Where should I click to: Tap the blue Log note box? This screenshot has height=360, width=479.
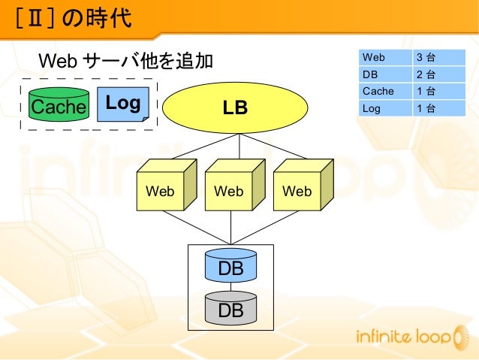pyautogui.click(x=123, y=104)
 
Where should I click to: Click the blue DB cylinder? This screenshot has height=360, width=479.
pyautogui.click(x=230, y=267)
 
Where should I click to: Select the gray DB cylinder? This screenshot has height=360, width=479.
pyautogui.click(x=230, y=308)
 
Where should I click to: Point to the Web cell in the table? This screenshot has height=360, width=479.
pyautogui.click(x=374, y=57)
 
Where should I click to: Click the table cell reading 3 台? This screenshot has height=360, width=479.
pyautogui.click(x=426, y=57)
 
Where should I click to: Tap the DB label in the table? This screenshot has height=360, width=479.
pyautogui.click(x=370, y=74)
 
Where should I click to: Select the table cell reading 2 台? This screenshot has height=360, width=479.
pyautogui.click(x=426, y=74)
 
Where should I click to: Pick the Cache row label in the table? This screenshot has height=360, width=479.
pyautogui.click(x=378, y=91)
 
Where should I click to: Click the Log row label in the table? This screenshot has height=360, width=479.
pyautogui.click(x=371, y=108)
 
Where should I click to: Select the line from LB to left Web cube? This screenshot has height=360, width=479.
pyautogui.click(x=203, y=147)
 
